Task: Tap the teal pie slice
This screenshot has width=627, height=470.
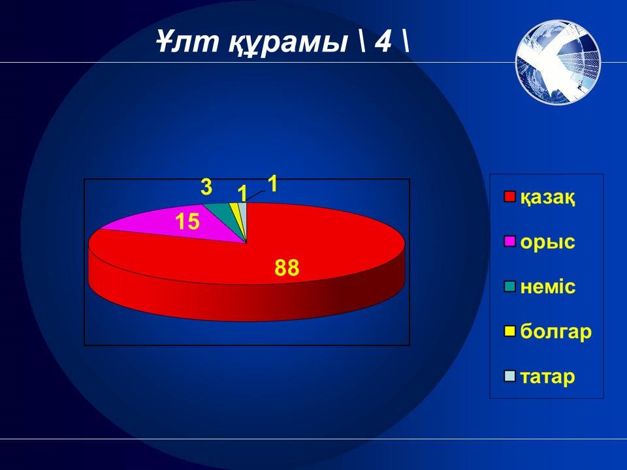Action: point(222,211)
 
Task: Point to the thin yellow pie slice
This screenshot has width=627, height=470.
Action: point(235,209)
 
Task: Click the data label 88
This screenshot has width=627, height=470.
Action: point(287,268)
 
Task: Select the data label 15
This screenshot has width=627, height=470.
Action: point(187,221)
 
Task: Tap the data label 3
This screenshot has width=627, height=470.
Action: point(206,187)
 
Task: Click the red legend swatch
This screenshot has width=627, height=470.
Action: point(510,196)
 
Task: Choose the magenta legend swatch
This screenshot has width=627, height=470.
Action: point(510,242)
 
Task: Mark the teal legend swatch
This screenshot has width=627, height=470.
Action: point(510,287)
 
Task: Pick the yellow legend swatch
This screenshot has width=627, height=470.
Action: point(510,332)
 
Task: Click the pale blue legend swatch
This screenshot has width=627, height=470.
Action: point(510,376)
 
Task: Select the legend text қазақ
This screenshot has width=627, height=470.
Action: point(547,197)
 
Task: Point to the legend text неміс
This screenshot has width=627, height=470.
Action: point(548,287)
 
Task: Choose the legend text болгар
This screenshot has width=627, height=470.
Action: point(556,332)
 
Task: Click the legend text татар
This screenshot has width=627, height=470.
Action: point(547,377)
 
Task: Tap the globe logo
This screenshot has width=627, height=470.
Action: point(558,62)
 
